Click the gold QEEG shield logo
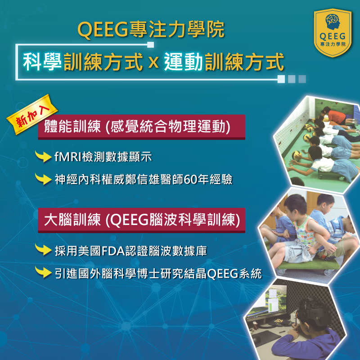pyautogui.click(x=333, y=31)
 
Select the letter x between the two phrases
pyautogui.click(x=153, y=62)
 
